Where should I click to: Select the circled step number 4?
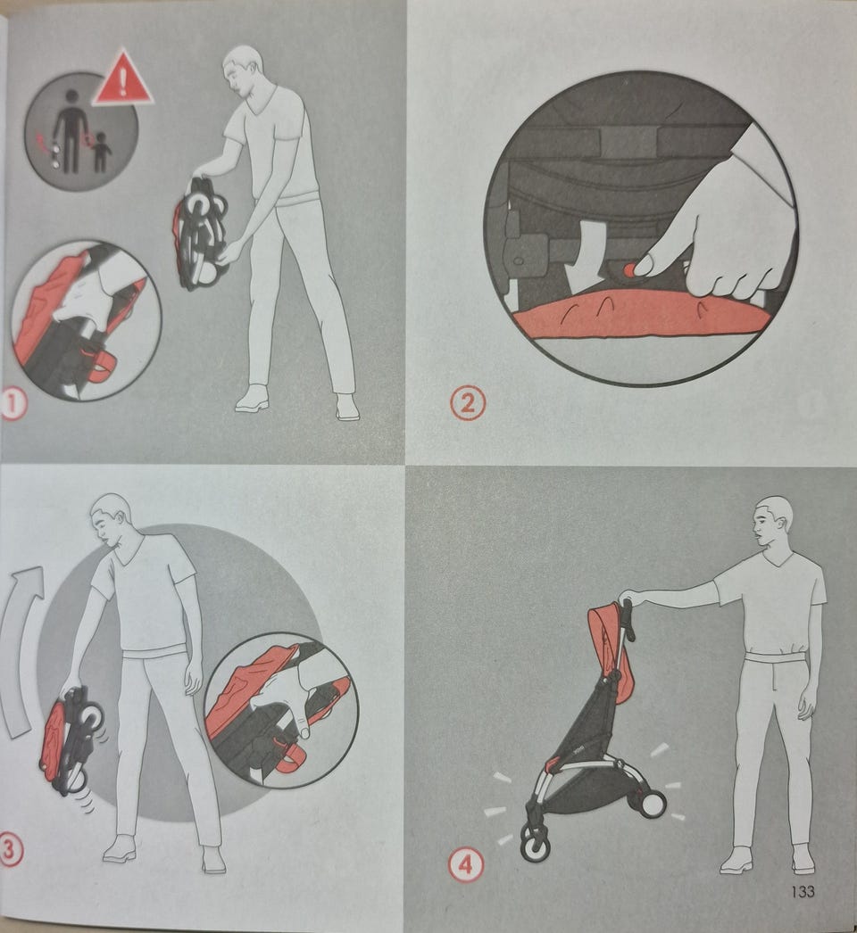pyautogui.click(x=465, y=864)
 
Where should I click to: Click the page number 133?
pyautogui.click(x=803, y=891)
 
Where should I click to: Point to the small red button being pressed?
pyautogui.click(x=628, y=270)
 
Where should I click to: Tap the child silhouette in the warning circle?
pyautogui.click(x=101, y=152)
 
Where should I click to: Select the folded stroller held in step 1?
pyautogui.click(x=201, y=233)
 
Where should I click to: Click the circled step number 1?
pyautogui.click(x=13, y=405)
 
